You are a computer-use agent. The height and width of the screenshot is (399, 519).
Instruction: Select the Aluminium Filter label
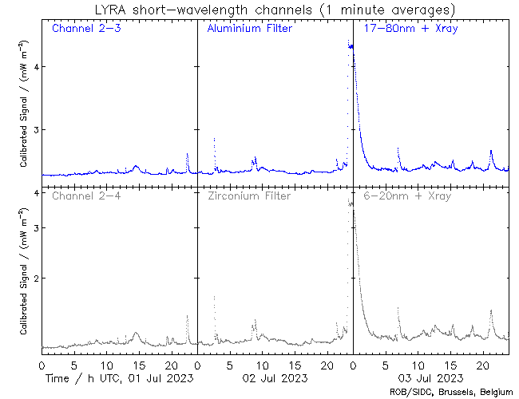point(249,29)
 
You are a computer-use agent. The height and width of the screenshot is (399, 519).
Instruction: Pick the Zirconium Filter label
point(249,196)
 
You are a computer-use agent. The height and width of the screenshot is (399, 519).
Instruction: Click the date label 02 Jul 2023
point(274,377)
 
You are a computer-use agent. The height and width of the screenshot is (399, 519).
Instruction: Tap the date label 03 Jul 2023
point(430,377)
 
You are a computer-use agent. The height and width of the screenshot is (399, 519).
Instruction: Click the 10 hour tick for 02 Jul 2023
point(262,364)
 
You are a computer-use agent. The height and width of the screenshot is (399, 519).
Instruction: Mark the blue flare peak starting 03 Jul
point(351,45)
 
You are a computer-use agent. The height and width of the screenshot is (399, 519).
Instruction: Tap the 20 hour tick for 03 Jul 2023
point(483,364)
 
